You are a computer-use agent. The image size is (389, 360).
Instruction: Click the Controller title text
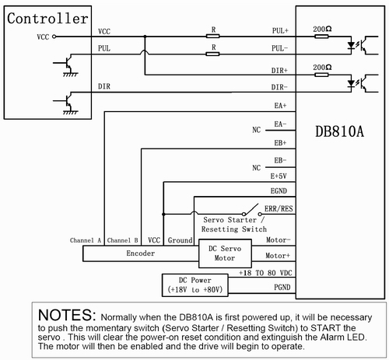pyautogui.click(x=47, y=19)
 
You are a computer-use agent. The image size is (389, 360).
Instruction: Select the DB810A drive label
pyautogui.click(x=339, y=131)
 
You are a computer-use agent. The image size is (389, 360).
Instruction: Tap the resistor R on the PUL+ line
pyautogui.click(x=213, y=37)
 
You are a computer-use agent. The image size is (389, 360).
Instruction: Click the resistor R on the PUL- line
pyautogui.click(x=212, y=54)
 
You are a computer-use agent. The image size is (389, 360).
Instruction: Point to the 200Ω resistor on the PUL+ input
pyautogui.click(x=321, y=37)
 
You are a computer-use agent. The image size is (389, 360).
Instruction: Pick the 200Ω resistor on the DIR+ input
pyautogui.click(x=321, y=75)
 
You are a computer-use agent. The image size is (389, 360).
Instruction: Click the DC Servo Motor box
pyautogui.click(x=225, y=253)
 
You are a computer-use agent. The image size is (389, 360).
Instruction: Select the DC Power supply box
pyautogui.click(x=195, y=285)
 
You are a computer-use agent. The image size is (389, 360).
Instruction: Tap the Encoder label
pyautogui.click(x=141, y=253)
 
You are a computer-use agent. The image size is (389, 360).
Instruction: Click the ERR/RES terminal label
pyautogui.click(x=279, y=208)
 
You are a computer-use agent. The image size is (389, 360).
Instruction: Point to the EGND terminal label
pyautogui.click(x=279, y=191)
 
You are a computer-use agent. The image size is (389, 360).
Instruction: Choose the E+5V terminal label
pyautogui.click(x=279, y=177)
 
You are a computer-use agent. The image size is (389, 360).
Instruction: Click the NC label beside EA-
pyautogui.click(x=257, y=130)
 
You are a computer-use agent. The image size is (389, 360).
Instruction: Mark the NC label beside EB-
pyautogui.click(x=257, y=168)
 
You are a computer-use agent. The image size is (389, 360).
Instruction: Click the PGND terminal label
pyautogui.click(x=282, y=287)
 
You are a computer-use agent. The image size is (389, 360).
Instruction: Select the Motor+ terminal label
pyautogui.click(x=278, y=256)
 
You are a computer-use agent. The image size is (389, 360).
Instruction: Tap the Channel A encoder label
pyautogui.click(x=86, y=240)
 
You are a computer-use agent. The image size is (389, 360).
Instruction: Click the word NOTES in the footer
pyautogui.click(x=67, y=315)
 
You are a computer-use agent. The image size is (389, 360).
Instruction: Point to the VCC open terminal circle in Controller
pyautogui.click(x=54, y=37)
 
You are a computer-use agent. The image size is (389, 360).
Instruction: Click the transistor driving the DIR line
pyautogui.click(x=67, y=102)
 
